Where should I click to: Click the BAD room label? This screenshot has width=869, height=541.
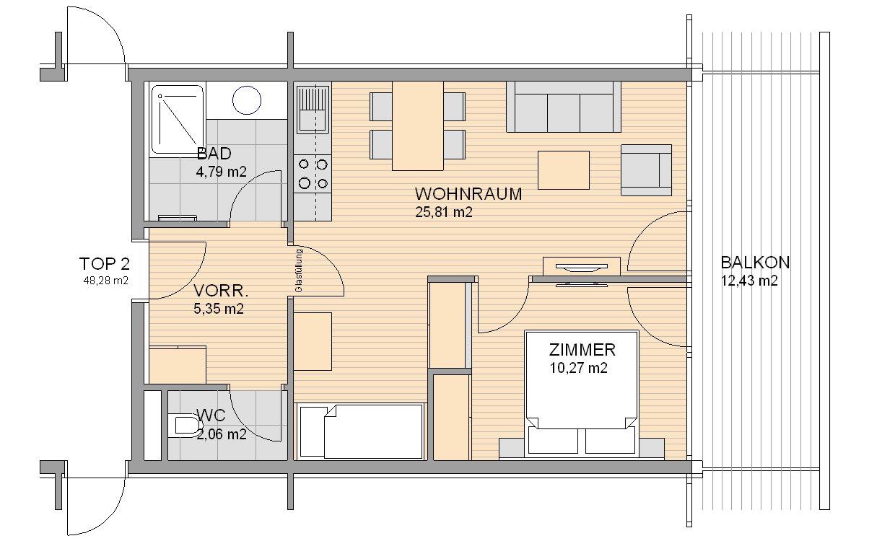coord(214,154)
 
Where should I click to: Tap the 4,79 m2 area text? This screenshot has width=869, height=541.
coord(221,172)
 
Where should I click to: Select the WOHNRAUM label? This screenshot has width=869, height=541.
coord(468,194)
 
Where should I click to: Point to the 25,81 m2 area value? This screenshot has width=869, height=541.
coord(444,212)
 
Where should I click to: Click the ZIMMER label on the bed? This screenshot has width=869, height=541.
coord(582,350)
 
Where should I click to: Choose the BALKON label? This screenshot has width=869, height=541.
coord(755,263)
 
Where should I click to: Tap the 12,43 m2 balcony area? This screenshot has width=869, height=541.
coord(749,281)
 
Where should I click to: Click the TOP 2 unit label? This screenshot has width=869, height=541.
coord(105,264)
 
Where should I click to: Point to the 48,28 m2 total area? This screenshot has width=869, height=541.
coord(105,281)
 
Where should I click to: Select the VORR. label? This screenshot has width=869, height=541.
coord(220,291)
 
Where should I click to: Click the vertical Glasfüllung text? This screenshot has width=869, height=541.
coord(299,270)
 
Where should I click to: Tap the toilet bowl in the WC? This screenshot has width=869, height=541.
coord(187,426)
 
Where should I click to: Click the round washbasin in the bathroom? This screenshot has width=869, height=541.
coord(247,100)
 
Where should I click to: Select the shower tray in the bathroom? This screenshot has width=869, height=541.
coord(178,119)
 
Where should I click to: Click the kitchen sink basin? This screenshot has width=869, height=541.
coord(312,120)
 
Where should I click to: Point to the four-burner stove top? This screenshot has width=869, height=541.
coord(313,174)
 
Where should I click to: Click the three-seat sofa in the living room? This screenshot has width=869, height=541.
coord(563,107)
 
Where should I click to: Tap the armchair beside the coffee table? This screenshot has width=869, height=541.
coord(646,170)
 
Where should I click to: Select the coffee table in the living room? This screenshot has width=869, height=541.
coord(563,170)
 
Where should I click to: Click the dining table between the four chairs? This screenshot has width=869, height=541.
coord(418,126)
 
